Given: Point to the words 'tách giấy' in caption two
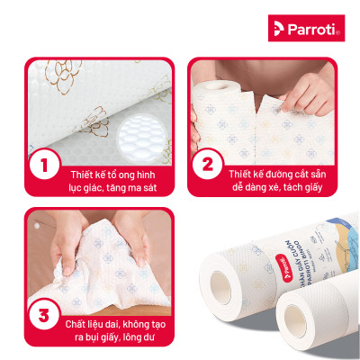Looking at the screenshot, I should [x=301, y=187].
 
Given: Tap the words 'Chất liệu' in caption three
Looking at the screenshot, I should [x=84, y=319].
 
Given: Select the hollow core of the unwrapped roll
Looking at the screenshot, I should [x=293, y=327].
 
